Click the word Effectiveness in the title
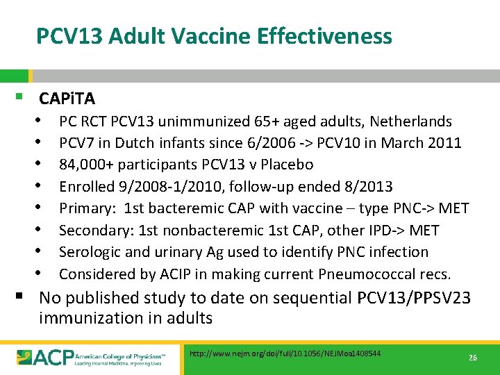(328, 35)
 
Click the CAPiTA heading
(67, 98)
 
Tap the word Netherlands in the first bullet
(410, 122)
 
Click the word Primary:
(87, 208)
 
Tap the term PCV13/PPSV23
(414, 298)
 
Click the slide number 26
(473, 357)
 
